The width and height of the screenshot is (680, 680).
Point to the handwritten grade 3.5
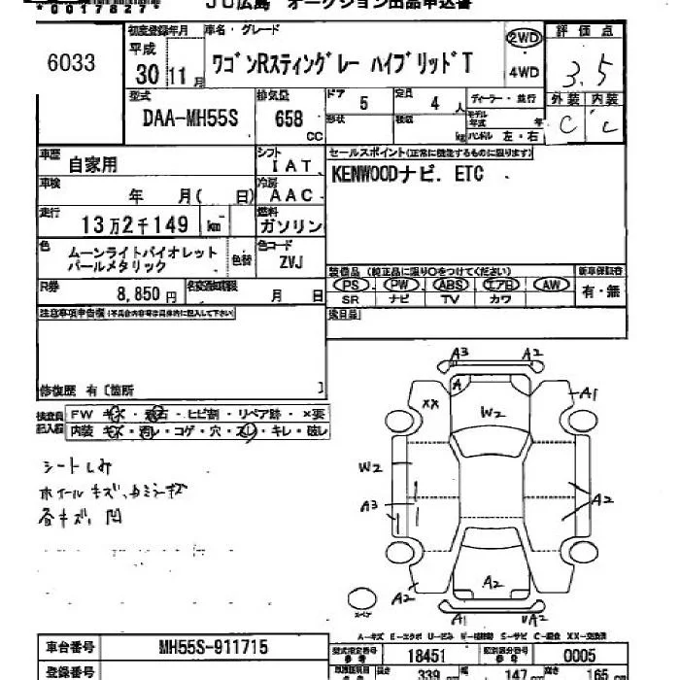[x=590, y=73]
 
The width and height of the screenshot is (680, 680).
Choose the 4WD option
[x=524, y=70]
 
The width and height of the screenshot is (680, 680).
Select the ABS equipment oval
[x=450, y=285]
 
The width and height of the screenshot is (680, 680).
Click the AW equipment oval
[x=551, y=285]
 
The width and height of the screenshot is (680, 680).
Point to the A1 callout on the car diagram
[x=588, y=392]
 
